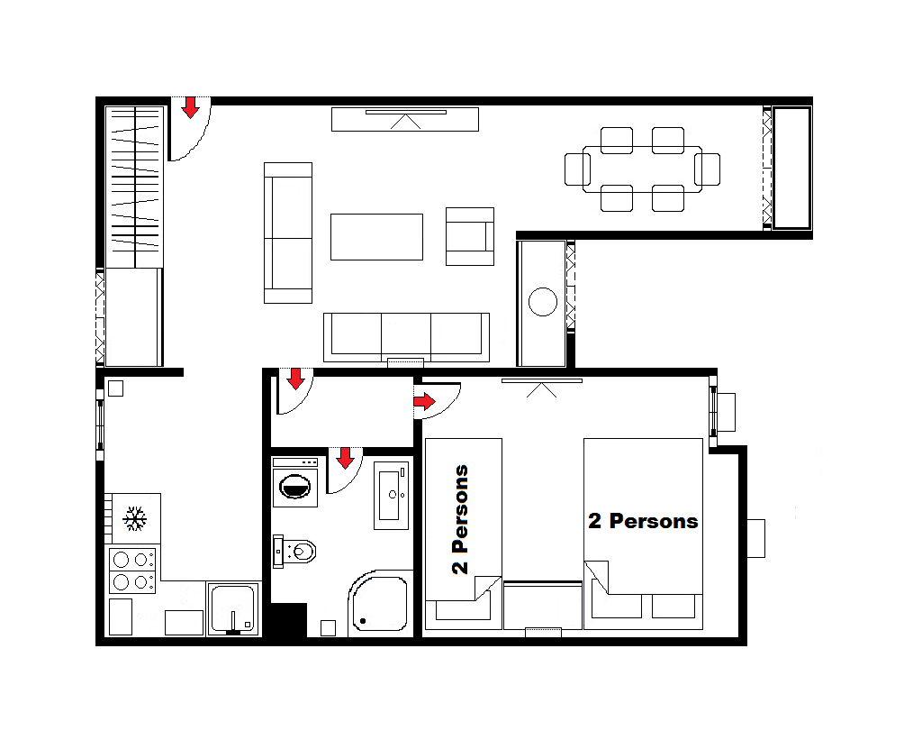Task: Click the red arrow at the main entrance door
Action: [190, 108]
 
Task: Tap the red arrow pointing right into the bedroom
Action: [424, 401]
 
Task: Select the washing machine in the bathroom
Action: [295, 482]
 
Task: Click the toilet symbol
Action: [294, 551]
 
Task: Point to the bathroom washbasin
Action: [392, 496]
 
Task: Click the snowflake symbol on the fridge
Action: [134, 519]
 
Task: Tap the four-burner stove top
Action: [132, 570]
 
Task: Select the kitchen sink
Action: [233, 608]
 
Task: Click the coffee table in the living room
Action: [376, 237]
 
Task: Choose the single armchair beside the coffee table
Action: [470, 237]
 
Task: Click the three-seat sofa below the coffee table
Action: [406, 337]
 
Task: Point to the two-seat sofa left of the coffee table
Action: [288, 233]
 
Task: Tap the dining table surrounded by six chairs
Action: [642, 169]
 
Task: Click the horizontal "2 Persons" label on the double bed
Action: [643, 520]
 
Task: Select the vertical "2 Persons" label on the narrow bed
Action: [460, 519]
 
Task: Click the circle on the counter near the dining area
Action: [543, 302]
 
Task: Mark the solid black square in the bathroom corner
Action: [289, 620]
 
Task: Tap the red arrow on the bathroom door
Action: [345, 458]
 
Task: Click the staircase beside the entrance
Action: [134, 187]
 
